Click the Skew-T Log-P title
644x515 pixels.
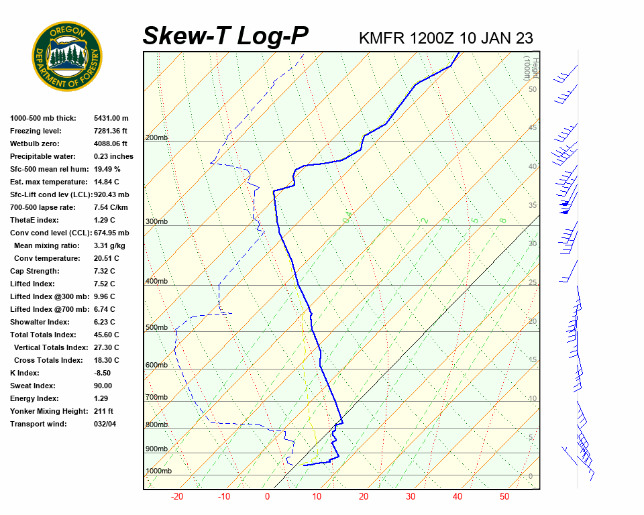[225, 36]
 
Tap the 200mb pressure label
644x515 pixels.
[157, 138]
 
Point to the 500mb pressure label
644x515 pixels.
[157, 328]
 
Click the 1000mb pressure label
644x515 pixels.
[159, 471]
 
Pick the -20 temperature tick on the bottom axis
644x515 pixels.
[177, 497]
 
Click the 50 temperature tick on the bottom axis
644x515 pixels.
[504, 497]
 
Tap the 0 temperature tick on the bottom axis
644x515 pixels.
[267, 497]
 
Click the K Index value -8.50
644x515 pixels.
[103, 374]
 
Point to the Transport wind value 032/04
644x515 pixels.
[105, 424]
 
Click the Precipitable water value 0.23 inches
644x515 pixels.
[113, 157]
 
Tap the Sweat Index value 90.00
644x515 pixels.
[103, 386]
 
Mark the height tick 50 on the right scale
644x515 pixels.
[532, 89]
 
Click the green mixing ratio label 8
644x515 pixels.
[502, 220]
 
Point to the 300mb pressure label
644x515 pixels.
[157, 222]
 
